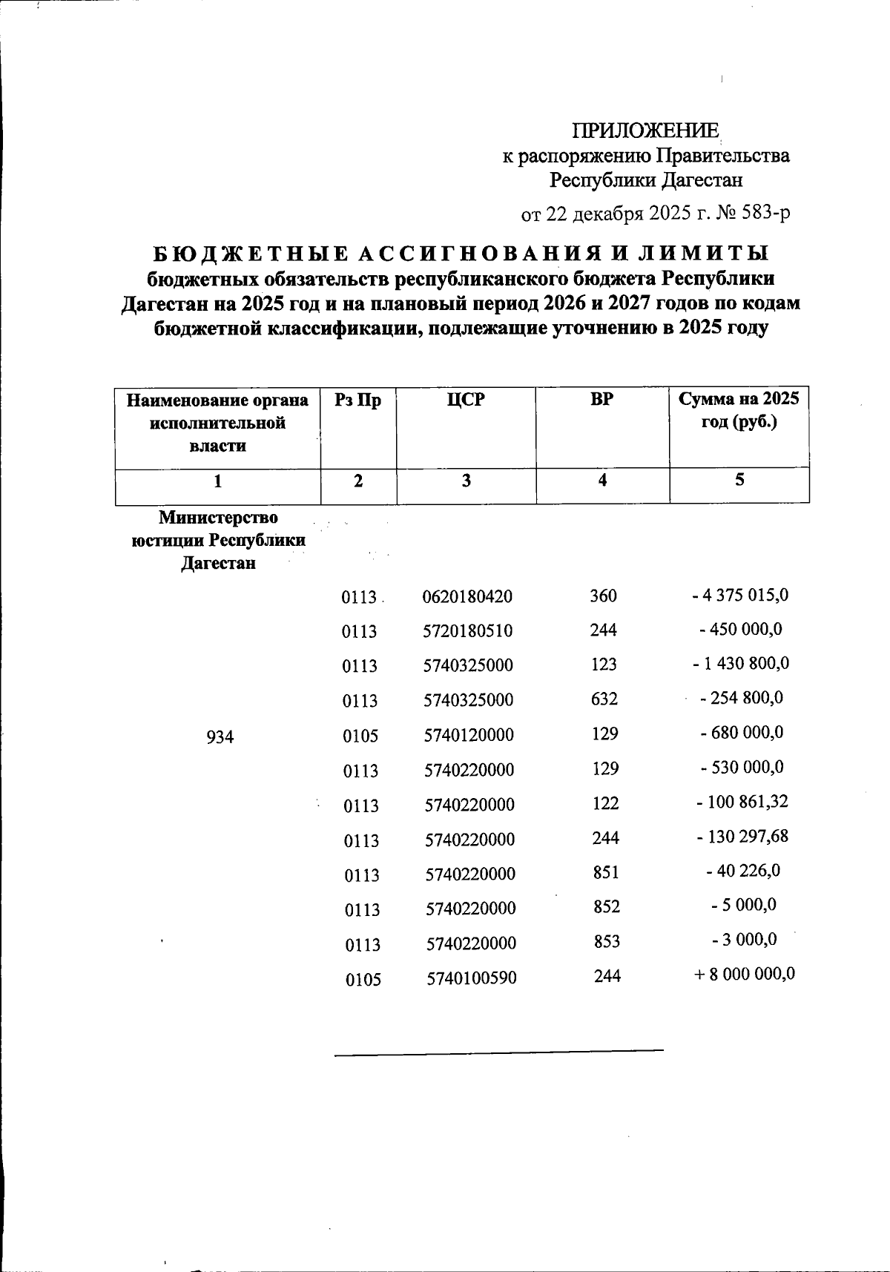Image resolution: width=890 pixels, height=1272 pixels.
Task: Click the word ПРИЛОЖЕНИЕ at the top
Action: click(x=645, y=131)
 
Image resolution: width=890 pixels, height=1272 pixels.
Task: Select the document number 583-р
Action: click(x=766, y=214)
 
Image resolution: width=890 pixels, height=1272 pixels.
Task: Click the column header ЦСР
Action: click(x=466, y=400)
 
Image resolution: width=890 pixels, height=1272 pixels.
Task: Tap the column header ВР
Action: click(x=602, y=400)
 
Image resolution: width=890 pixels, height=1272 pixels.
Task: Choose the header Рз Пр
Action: click(x=358, y=401)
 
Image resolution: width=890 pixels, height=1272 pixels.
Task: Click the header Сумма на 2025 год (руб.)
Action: click(x=739, y=412)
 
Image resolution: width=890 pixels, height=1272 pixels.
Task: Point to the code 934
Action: click(x=220, y=736)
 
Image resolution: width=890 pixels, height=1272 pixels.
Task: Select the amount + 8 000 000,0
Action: click(x=745, y=974)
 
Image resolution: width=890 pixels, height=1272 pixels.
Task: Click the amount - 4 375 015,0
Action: click(x=739, y=595)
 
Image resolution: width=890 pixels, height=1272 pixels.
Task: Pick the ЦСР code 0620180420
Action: click(x=467, y=597)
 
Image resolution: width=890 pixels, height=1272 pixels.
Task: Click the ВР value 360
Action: click(x=604, y=596)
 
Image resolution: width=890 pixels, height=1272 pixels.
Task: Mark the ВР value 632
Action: click(x=604, y=699)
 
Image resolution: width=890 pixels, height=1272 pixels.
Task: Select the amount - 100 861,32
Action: click(x=742, y=802)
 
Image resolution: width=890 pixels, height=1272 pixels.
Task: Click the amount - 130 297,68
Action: click(x=742, y=837)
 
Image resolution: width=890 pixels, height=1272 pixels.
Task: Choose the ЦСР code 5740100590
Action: click(x=472, y=978)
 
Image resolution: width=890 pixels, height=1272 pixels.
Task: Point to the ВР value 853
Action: click(x=607, y=941)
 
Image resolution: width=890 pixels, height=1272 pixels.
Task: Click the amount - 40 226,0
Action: click(x=743, y=871)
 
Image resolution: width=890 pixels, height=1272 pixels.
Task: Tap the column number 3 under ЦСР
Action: click(x=466, y=481)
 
